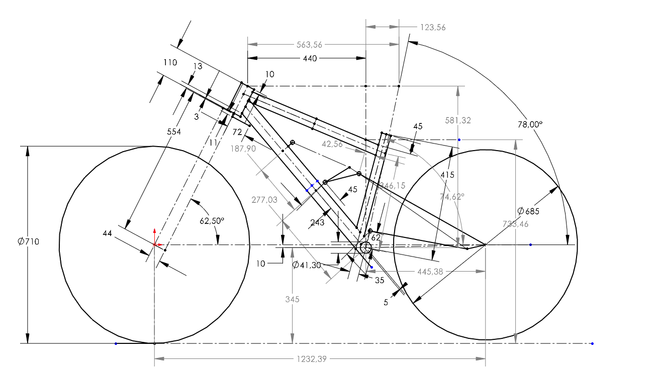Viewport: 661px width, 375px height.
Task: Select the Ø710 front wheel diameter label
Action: tap(28, 241)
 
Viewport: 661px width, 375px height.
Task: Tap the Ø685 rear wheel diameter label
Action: tap(528, 211)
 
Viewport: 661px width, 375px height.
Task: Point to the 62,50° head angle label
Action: tap(212, 220)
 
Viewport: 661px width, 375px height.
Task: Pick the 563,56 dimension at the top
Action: tap(309, 45)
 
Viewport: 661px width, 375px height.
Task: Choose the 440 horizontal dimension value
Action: tap(310, 58)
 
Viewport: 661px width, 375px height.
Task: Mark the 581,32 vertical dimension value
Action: tap(458, 120)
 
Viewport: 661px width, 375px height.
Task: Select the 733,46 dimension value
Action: tap(515, 224)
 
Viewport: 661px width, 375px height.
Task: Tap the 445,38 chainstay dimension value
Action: tap(430, 272)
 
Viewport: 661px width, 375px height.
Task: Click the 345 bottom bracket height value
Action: tap(292, 299)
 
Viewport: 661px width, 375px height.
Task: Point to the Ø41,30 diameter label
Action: tap(306, 265)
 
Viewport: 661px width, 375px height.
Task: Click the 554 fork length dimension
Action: tap(173, 132)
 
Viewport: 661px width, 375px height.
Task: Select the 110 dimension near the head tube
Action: tap(170, 62)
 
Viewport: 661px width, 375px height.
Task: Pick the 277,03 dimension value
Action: tap(264, 200)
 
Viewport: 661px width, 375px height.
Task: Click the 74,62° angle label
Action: tap(452, 197)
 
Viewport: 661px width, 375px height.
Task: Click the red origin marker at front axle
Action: tap(154, 244)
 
